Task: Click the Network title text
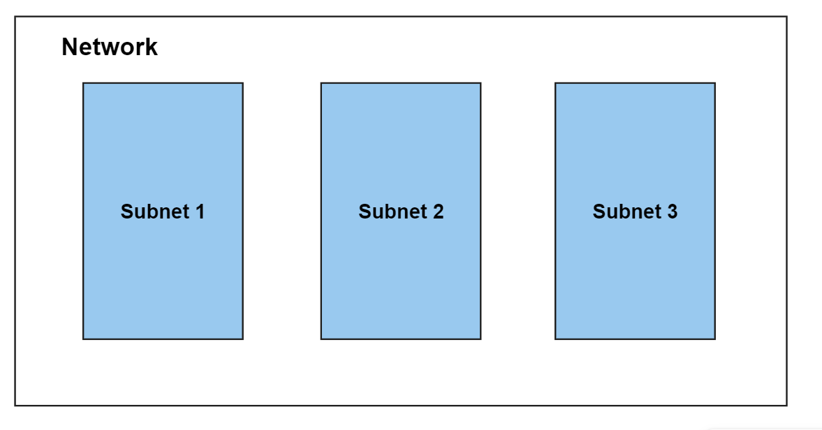(110, 47)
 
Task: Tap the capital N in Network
(69, 47)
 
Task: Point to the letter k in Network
(152, 47)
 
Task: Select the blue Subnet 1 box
(163, 211)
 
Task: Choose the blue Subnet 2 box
(401, 211)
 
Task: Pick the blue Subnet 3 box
(636, 211)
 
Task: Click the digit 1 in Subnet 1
(200, 212)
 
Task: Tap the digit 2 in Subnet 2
(439, 212)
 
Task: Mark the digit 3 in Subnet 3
(672, 212)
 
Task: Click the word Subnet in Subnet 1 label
(155, 212)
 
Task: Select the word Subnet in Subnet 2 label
(393, 212)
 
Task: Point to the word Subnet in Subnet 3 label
(628, 212)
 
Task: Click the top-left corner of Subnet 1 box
(83, 83)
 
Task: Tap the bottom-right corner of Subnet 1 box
(243, 339)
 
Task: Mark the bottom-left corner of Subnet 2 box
(321, 339)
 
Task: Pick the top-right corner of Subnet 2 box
(481, 83)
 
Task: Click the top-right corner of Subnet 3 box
(716, 83)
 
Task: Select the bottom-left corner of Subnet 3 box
(555, 339)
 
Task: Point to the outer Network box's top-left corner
(15, 16)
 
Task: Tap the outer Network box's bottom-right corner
(787, 406)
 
